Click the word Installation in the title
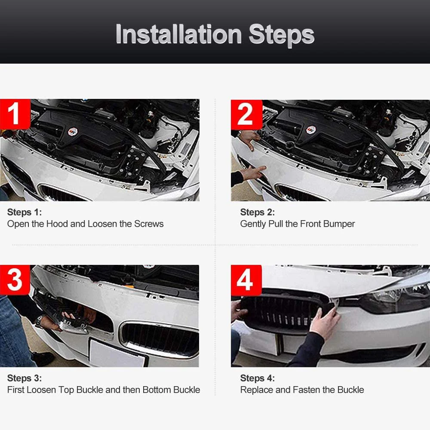(x=178, y=34)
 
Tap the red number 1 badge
(x=15, y=114)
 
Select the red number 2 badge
(x=246, y=114)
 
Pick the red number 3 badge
(x=15, y=280)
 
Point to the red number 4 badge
(x=246, y=280)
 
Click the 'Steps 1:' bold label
(x=25, y=212)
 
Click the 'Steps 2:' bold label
(x=257, y=212)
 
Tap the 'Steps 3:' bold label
(x=25, y=378)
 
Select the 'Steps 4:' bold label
(x=257, y=378)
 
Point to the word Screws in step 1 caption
(x=149, y=224)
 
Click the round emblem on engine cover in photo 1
(x=73, y=132)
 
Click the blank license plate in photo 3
(x=117, y=353)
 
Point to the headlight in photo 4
(x=395, y=300)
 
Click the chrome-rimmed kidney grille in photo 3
(x=160, y=340)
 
